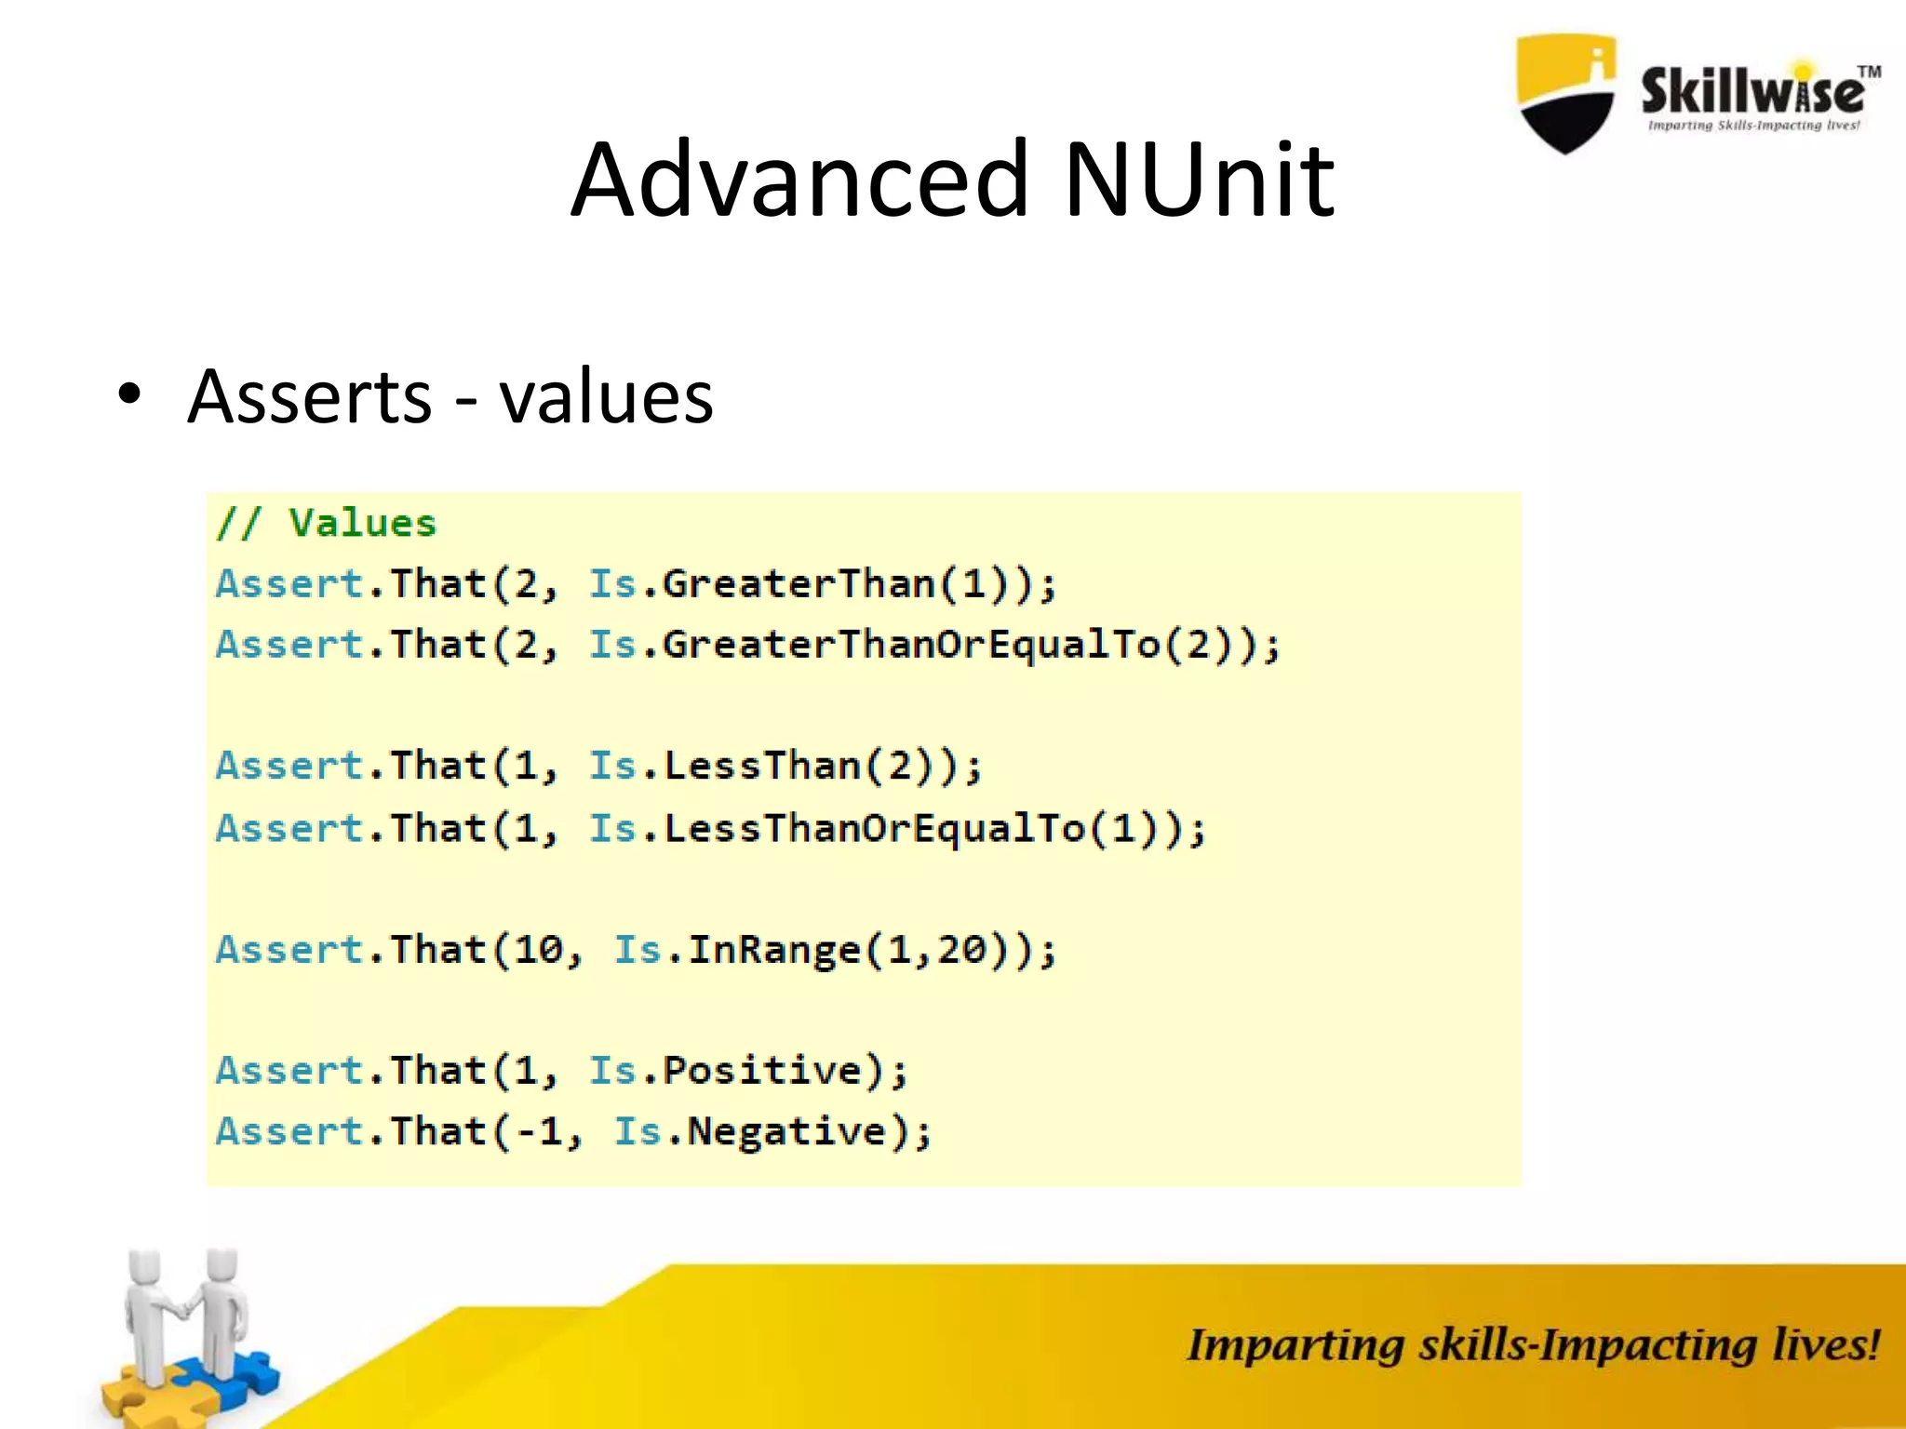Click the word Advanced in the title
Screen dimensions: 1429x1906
800,179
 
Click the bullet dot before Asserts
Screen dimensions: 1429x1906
129,395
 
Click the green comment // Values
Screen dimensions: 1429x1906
326,523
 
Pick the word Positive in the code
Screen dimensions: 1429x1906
762,1071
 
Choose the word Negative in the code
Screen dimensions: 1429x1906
786,1132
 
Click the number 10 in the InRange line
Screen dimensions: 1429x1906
539,950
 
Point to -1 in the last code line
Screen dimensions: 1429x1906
539,1132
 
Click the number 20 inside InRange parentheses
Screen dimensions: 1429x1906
960,950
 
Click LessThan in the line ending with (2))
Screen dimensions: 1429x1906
762,767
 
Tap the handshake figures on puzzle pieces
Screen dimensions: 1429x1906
186,1330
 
